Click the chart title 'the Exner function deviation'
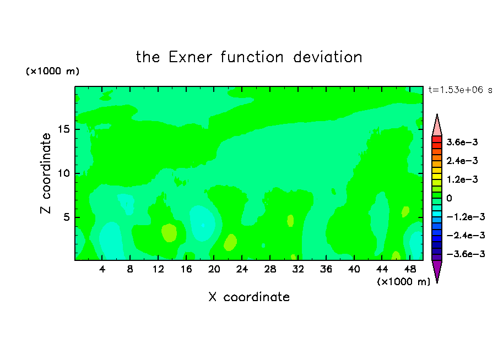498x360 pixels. (249, 57)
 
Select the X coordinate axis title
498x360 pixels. (249, 297)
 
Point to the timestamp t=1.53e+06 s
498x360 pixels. (460, 90)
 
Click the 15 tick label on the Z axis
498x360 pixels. (64, 129)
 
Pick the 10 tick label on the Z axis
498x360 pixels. (64, 173)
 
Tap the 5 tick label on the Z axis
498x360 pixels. (67, 217)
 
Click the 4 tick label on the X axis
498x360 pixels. (102, 269)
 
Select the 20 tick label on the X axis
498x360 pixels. (214, 269)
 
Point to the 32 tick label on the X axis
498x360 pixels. (298, 269)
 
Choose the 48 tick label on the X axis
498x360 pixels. (410, 269)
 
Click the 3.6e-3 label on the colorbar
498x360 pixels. (462, 142)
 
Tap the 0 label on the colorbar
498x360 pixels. (449, 198)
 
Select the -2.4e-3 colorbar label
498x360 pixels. (465, 235)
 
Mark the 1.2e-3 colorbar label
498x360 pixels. (462, 179)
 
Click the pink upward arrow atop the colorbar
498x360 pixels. (437, 126)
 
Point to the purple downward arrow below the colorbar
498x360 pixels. (437, 270)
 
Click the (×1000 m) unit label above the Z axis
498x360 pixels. (52, 71)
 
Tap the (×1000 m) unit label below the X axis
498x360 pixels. (403, 281)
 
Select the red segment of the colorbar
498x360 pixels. (437, 139)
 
